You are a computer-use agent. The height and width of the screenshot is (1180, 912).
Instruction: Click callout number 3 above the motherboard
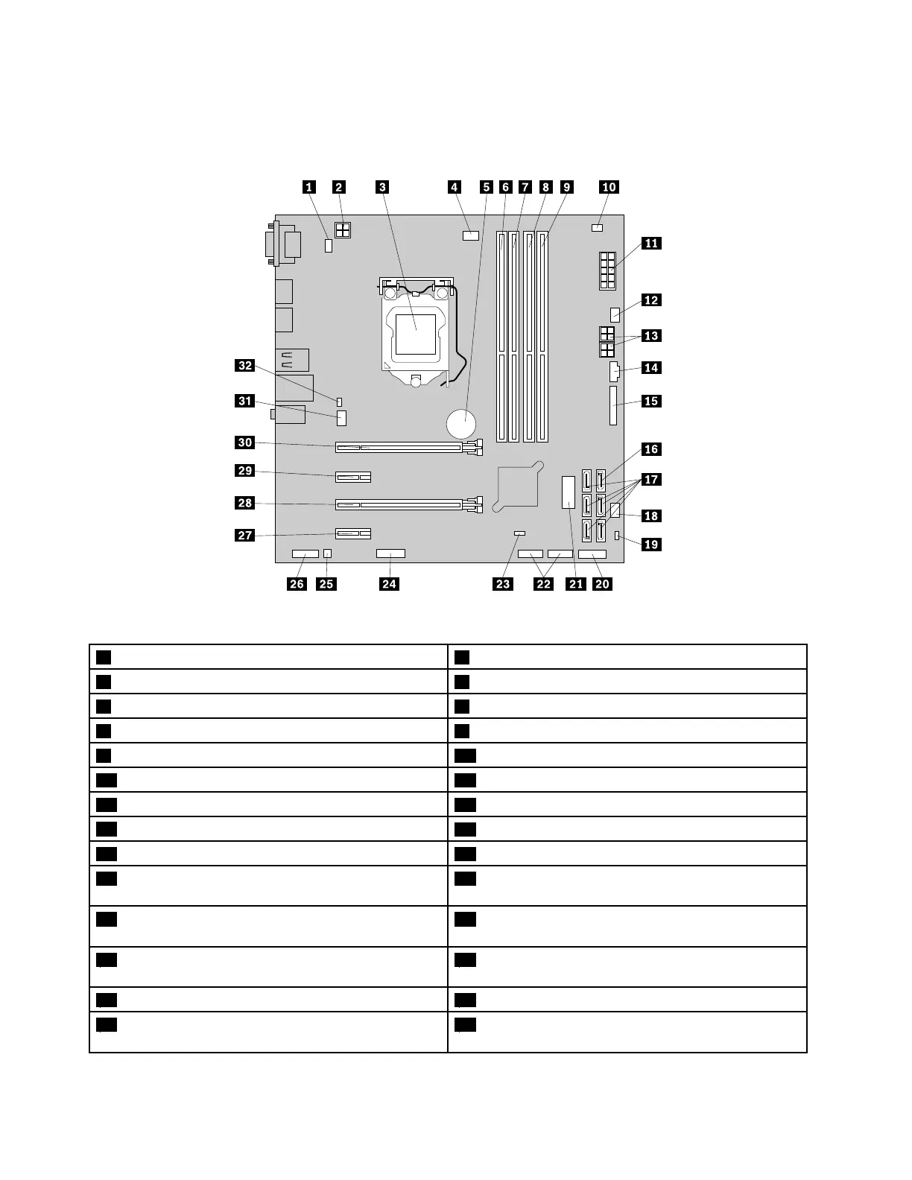point(382,187)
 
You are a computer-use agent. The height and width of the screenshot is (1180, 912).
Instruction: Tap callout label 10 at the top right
point(609,187)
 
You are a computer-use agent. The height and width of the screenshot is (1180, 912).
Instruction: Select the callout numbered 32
point(245,366)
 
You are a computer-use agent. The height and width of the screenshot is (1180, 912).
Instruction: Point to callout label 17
point(651,479)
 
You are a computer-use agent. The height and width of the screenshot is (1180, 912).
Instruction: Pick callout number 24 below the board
point(389,583)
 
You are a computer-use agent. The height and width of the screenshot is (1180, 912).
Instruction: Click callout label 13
point(651,336)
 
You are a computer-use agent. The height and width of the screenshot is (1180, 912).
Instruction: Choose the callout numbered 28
point(245,503)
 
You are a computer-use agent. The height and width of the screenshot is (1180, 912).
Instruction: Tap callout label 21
point(576,583)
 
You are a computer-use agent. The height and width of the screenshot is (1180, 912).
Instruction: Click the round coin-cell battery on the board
point(461,425)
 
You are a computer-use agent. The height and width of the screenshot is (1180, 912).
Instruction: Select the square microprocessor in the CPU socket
point(416,334)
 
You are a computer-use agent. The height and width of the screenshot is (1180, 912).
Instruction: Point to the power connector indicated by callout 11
point(606,270)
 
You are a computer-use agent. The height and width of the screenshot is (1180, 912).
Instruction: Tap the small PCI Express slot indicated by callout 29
point(354,476)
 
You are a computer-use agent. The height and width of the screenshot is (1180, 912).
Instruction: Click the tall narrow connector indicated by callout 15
point(614,405)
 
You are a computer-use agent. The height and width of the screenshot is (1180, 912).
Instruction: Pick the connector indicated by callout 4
point(469,236)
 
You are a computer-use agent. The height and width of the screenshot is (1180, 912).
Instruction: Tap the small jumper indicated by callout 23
point(520,534)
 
